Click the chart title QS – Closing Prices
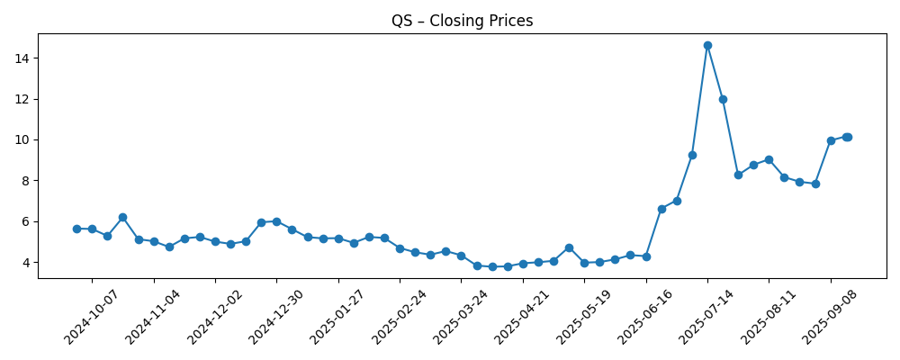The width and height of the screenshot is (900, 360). click(462, 21)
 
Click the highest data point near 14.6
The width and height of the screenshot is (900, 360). click(707, 45)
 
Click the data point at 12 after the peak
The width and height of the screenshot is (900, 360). click(723, 99)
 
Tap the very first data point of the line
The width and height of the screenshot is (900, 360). click(76, 229)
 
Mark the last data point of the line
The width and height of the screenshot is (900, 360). click(848, 137)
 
